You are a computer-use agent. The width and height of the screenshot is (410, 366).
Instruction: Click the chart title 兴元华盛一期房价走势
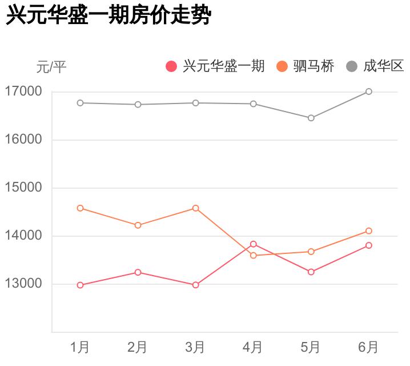[x=108, y=16]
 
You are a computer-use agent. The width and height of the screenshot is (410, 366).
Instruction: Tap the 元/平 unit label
[x=51, y=67]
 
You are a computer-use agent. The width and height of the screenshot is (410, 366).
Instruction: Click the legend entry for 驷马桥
[x=305, y=66]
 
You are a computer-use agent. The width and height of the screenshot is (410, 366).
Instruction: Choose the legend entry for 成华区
[x=375, y=66]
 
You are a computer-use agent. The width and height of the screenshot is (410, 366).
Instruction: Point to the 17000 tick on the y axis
[x=23, y=91]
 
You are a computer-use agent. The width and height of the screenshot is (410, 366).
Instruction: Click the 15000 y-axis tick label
[x=23, y=188]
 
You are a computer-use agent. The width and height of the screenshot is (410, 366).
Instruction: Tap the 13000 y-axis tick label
[x=23, y=284]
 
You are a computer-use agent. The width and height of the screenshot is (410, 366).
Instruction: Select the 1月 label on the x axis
[x=80, y=347]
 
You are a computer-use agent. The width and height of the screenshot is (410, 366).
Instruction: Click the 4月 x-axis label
[x=253, y=347]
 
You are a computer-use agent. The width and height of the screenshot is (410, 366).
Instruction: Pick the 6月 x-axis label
[x=368, y=347]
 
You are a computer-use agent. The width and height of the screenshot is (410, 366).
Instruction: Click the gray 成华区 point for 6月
[x=369, y=91]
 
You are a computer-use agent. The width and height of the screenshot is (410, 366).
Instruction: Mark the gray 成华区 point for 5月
[x=311, y=118]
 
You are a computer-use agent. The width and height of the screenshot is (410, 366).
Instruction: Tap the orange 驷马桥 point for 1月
[x=80, y=208]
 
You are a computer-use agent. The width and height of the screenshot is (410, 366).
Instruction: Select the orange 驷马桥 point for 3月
[x=196, y=208]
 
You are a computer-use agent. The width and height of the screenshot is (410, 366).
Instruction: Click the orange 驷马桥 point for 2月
[x=138, y=225]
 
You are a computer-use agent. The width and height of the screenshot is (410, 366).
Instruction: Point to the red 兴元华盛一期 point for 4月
[x=254, y=244]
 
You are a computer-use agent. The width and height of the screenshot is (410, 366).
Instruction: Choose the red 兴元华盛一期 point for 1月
[x=80, y=285]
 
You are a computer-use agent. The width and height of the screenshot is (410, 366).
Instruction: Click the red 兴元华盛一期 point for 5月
[x=311, y=272]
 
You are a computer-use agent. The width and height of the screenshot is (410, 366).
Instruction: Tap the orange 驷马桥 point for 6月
[x=369, y=231]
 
